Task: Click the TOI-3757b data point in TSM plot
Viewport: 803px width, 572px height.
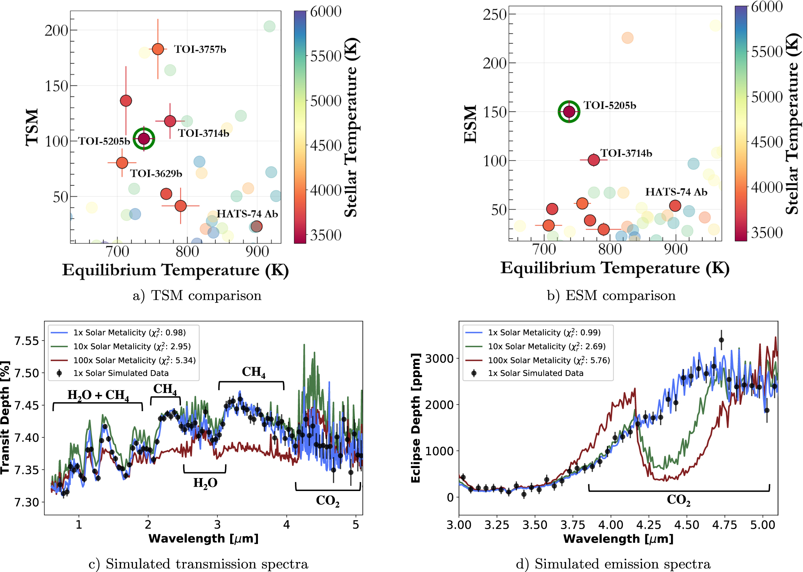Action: tap(158, 49)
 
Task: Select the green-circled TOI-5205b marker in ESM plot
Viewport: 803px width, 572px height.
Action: tap(569, 111)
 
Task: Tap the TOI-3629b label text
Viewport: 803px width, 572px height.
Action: tap(156, 173)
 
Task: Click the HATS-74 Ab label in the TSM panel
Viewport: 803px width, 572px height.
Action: tap(247, 214)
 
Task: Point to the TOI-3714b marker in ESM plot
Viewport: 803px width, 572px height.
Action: tap(594, 160)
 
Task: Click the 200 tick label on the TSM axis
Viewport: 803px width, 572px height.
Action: tap(56, 30)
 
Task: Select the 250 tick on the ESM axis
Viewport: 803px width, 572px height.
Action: tap(494, 14)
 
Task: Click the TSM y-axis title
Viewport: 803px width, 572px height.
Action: tap(32, 127)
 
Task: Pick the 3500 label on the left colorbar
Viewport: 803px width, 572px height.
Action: tap(326, 235)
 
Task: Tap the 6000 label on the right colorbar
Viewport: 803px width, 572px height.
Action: tap(767, 7)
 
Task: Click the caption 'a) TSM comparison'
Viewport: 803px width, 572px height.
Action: tap(197, 295)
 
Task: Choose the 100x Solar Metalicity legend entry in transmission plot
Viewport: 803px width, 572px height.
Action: tap(134, 360)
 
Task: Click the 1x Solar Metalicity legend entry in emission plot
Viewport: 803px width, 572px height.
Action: tap(544, 332)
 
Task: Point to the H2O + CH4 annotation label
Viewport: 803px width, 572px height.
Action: tap(98, 395)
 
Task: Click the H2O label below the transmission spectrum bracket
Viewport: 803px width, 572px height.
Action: tap(205, 483)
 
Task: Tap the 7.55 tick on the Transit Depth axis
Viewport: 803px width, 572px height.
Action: tap(26, 341)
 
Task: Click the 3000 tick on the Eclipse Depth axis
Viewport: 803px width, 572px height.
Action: tap(439, 358)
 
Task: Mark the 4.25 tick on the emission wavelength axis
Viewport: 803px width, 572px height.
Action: tap(648, 525)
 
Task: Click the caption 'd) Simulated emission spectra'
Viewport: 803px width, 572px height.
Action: tap(613, 564)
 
